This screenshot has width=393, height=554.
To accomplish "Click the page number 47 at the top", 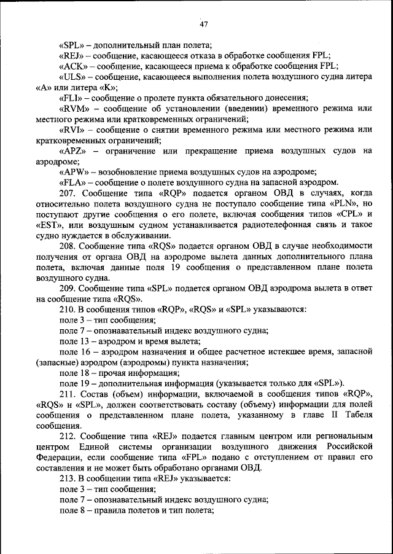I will [204, 25].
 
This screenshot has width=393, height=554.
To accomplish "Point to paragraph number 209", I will [68, 288].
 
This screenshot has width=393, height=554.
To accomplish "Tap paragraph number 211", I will [68, 394].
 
